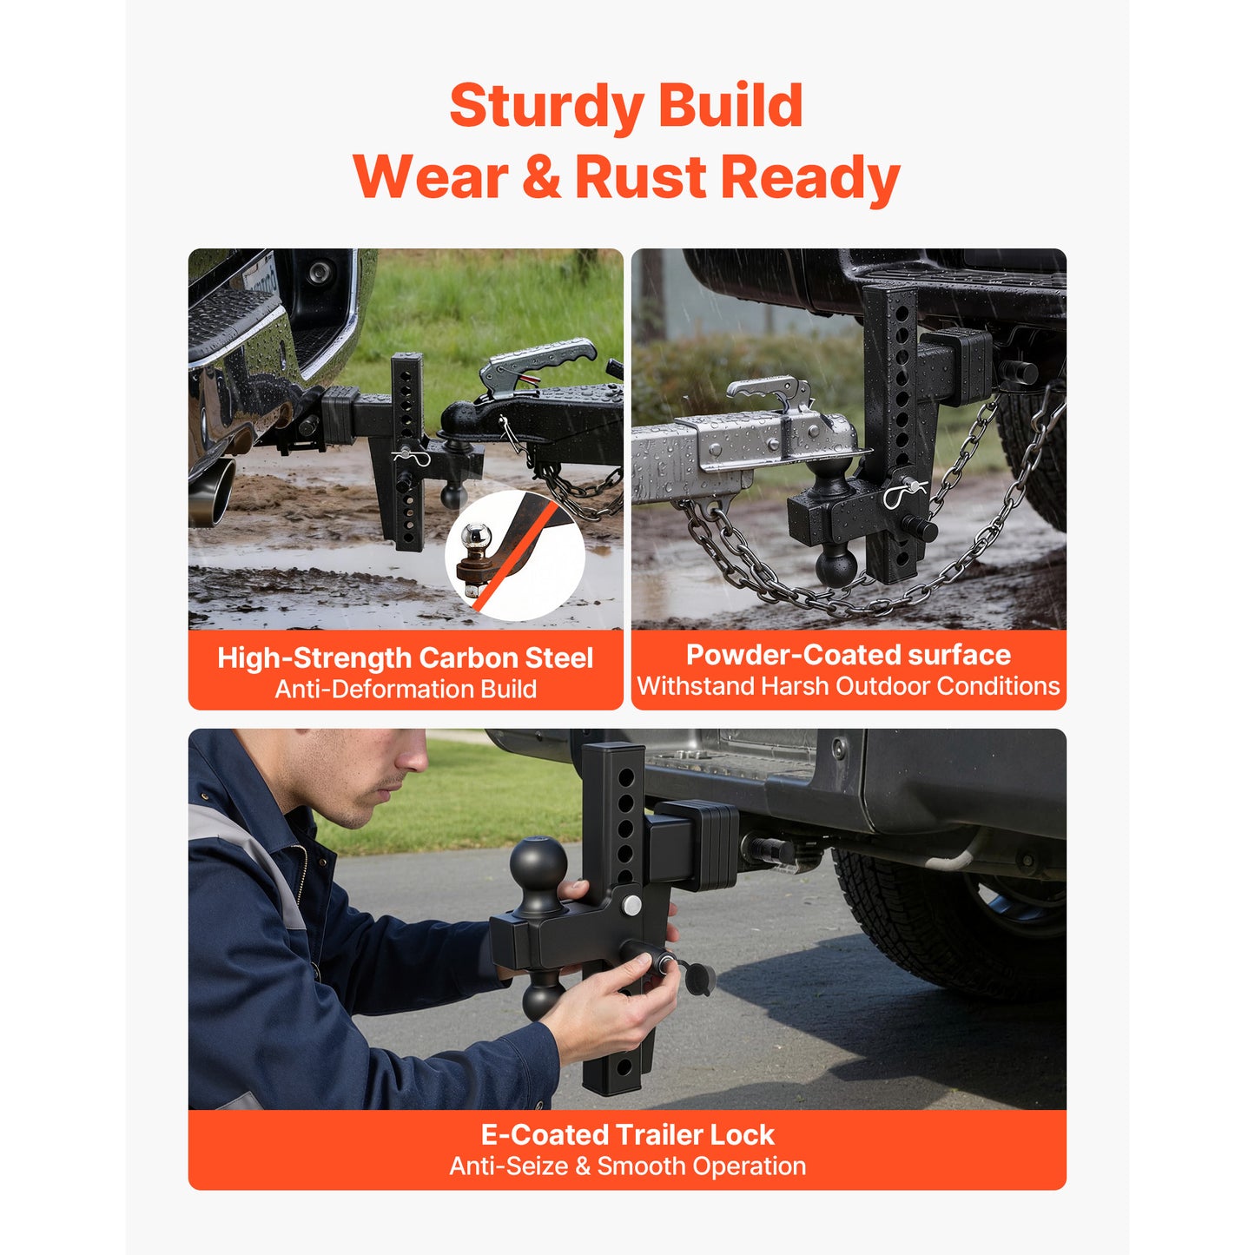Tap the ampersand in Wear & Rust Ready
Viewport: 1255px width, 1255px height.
541,177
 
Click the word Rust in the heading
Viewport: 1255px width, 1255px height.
641,177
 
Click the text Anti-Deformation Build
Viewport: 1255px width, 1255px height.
406,689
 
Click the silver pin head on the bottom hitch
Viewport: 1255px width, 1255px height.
631,905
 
